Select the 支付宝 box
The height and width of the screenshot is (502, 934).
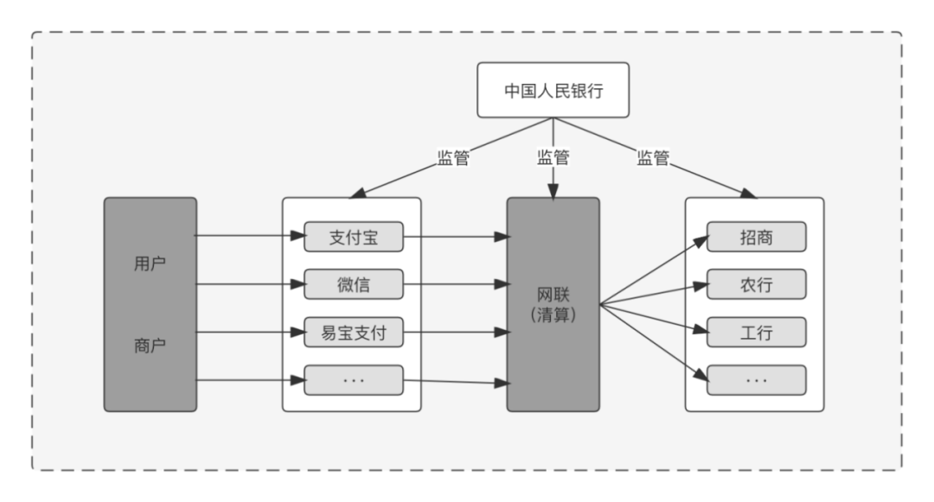pyautogui.click(x=354, y=236)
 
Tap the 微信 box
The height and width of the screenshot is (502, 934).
pyautogui.click(x=354, y=283)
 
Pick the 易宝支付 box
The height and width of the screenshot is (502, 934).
pyautogui.click(x=354, y=331)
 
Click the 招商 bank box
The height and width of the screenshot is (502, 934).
pyautogui.click(x=757, y=236)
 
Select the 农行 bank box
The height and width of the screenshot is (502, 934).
pyautogui.click(x=757, y=283)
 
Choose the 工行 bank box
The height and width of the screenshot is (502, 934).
pyautogui.click(x=757, y=331)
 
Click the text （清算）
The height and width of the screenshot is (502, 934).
pyautogui.click(x=553, y=316)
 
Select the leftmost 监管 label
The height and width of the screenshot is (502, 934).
pyautogui.click(x=453, y=158)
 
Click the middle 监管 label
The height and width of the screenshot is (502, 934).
pyautogui.click(x=553, y=158)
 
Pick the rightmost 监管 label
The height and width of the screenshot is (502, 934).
pyautogui.click(x=654, y=158)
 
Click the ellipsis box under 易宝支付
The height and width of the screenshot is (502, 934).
pyautogui.click(x=354, y=379)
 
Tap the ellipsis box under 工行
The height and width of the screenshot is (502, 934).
pyautogui.click(x=757, y=379)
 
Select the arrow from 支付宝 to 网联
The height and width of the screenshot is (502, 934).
pyautogui.click(x=455, y=235)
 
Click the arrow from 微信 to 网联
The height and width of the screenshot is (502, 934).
pyautogui.click(x=455, y=283)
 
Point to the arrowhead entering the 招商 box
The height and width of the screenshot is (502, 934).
pyautogui.click(x=702, y=238)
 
